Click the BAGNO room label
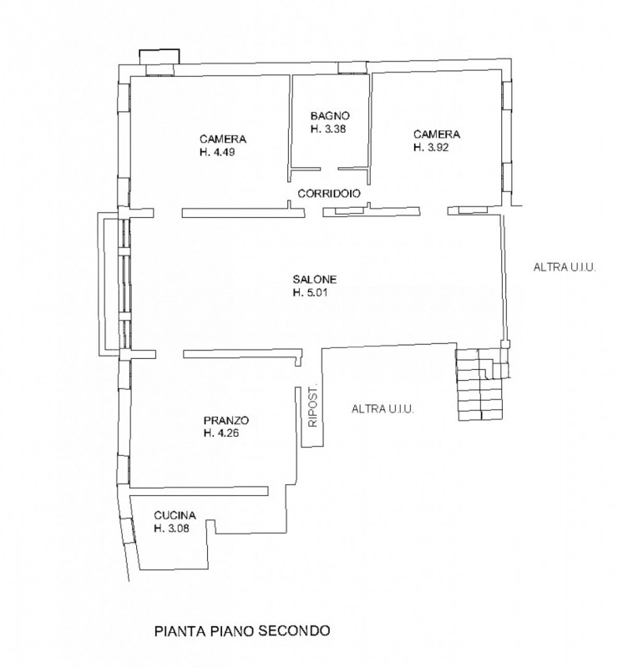[x=330, y=116]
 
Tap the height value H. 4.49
[x=217, y=152]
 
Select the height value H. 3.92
[x=431, y=148]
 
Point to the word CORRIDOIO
[x=329, y=194]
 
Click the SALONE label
[x=315, y=280]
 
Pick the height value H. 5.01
[x=311, y=293]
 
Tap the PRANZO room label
[x=226, y=421]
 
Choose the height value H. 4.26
[x=221, y=433]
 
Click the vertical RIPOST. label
[x=313, y=407]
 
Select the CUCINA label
[x=175, y=515]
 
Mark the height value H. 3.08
[x=172, y=529]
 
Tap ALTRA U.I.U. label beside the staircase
[x=382, y=409]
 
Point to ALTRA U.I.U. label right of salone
[x=565, y=267]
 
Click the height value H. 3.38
[x=328, y=129]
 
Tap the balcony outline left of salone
[x=102, y=283]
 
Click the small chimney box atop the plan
[x=160, y=57]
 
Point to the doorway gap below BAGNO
[x=329, y=170]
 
